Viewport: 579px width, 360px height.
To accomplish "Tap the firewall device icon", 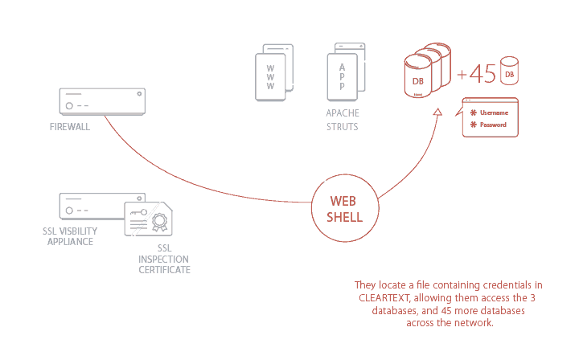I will tap(102, 100).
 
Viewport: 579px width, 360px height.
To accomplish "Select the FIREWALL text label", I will tap(70, 127).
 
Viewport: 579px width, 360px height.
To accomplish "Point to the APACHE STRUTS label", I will tap(343, 121).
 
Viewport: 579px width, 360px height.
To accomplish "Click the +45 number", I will tap(476, 74).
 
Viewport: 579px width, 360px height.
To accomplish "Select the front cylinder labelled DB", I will tap(418, 80).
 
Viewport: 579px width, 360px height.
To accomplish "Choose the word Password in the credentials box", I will tap(493, 125).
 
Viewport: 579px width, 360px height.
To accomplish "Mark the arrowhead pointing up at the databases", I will tap(437, 112).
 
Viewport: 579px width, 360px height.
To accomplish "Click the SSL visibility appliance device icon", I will tap(102, 206).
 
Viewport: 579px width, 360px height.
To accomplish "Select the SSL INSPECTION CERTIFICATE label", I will tap(163, 260).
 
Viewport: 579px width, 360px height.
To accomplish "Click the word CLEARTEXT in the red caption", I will tap(384, 298).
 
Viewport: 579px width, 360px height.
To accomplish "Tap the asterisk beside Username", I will tap(474, 112).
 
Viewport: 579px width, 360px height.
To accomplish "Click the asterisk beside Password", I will tap(474, 125).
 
